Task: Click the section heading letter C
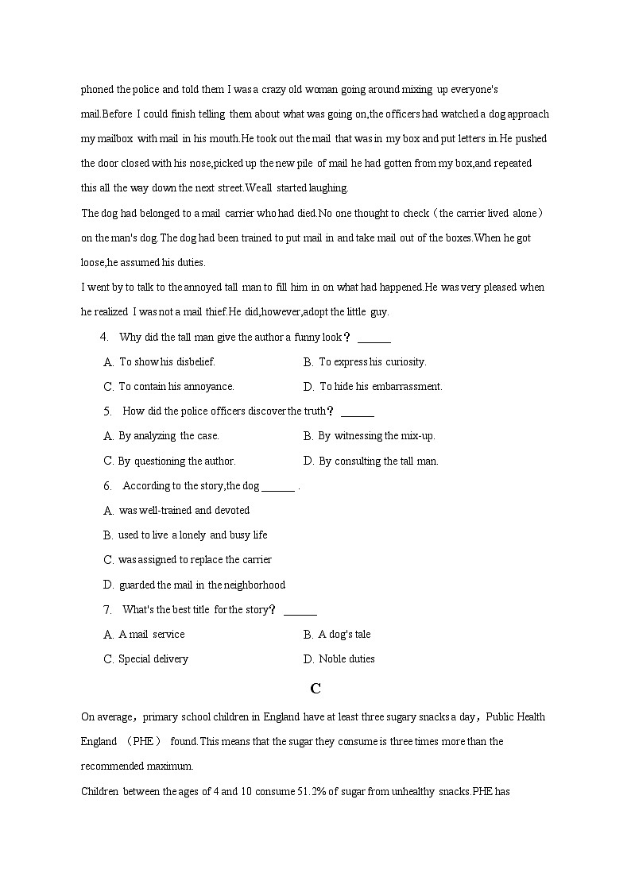(x=315, y=688)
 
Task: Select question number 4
(x=104, y=337)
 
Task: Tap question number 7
(x=106, y=610)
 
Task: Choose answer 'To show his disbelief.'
(x=167, y=362)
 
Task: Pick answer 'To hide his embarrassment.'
(x=381, y=387)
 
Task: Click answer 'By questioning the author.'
(x=176, y=461)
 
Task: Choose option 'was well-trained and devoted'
(x=184, y=511)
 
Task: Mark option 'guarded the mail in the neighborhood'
(x=202, y=585)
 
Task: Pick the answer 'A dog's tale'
(x=344, y=635)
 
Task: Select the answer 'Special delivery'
(x=153, y=659)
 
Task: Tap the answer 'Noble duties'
(x=346, y=659)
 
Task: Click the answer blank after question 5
(x=357, y=412)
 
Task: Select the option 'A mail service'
(x=151, y=635)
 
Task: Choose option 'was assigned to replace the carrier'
(x=195, y=560)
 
